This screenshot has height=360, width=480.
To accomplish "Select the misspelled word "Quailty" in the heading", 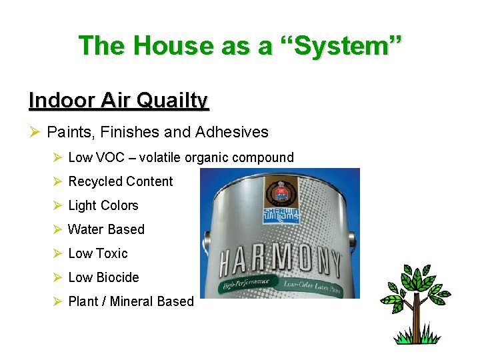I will tap(175, 101).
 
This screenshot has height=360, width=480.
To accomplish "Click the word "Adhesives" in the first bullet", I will tap(232, 132).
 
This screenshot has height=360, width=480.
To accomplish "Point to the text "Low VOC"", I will tap(96, 158).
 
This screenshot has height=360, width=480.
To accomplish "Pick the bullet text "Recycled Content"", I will tap(121, 182).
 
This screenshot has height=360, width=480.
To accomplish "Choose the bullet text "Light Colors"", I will tap(103, 206).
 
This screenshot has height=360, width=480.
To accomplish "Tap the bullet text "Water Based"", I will tap(106, 230).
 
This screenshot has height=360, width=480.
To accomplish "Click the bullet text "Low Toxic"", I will tap(98, 254).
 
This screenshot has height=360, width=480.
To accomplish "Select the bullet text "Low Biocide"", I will tap(103, 278).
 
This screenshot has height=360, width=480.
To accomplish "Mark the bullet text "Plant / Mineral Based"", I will tap(131, 302).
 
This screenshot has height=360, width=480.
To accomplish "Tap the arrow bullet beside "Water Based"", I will tap(57, 230).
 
